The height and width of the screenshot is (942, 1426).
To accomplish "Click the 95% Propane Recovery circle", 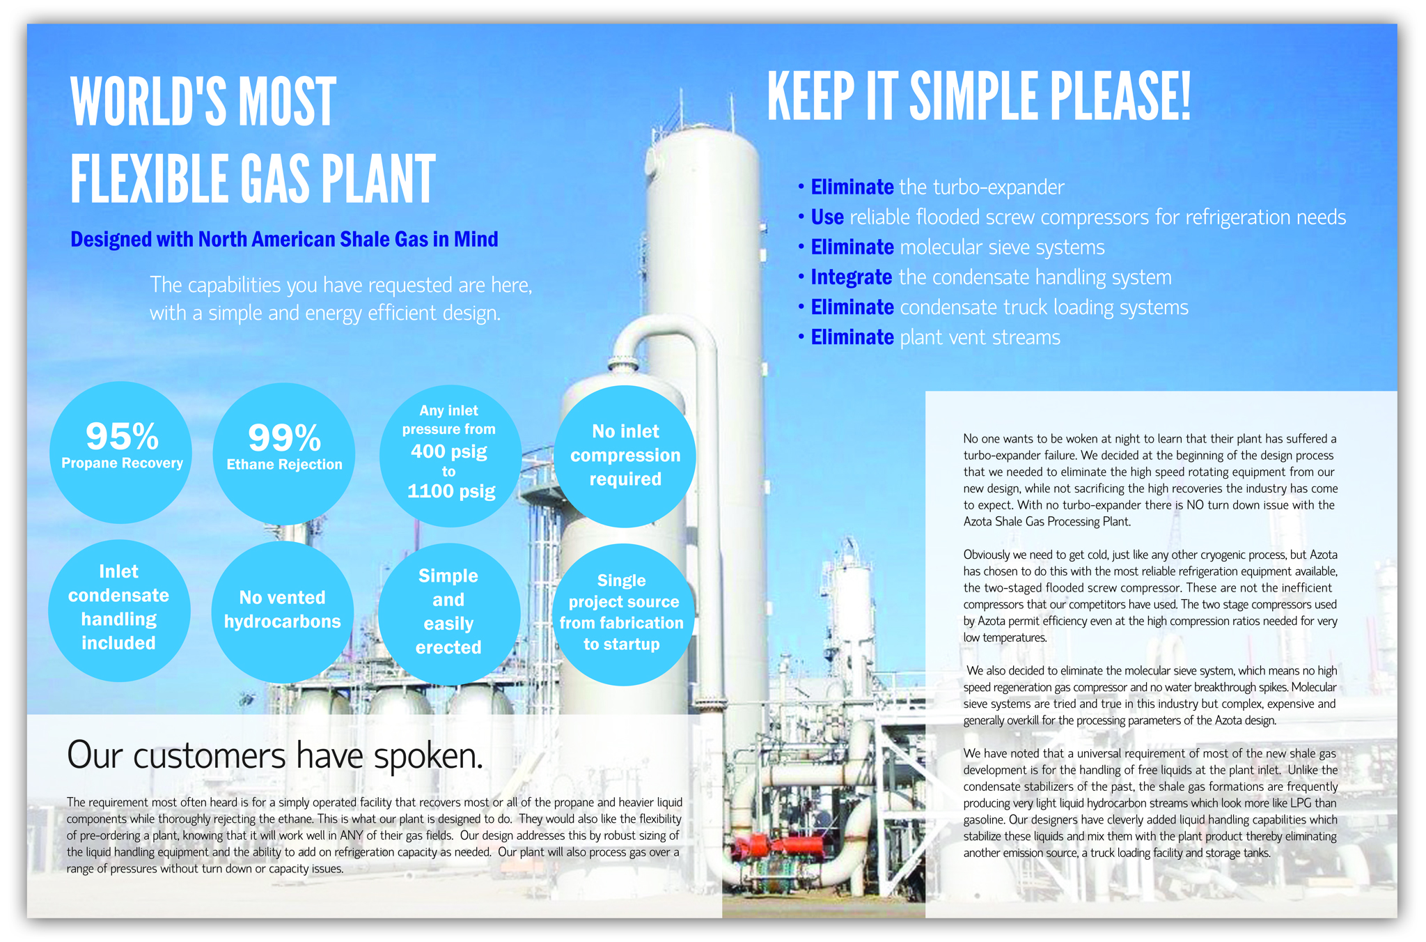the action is pyautogui.click(x=121, y=452).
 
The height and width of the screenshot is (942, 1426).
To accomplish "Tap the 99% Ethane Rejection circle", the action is pyautogui.click(x=284, y=454).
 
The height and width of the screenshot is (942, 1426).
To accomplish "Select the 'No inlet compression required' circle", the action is pyautogui.click(x=625, y=456).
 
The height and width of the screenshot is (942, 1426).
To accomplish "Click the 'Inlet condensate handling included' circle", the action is pyautogui.click(x=119, y=610).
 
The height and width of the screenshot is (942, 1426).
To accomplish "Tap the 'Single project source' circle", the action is pyautogui.click(x=623, y=615).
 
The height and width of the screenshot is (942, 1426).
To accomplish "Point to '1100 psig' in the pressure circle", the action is pyautogui.click(x=451, y=491).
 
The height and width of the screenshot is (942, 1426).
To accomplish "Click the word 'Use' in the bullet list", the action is pyautogui.click(x=827, y=217).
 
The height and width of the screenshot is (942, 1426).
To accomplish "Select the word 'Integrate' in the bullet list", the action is pyautogui.click(x=852, y=277).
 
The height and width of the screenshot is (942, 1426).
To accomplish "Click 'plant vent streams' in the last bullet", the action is pyautogui.click(x=980, y=338).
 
